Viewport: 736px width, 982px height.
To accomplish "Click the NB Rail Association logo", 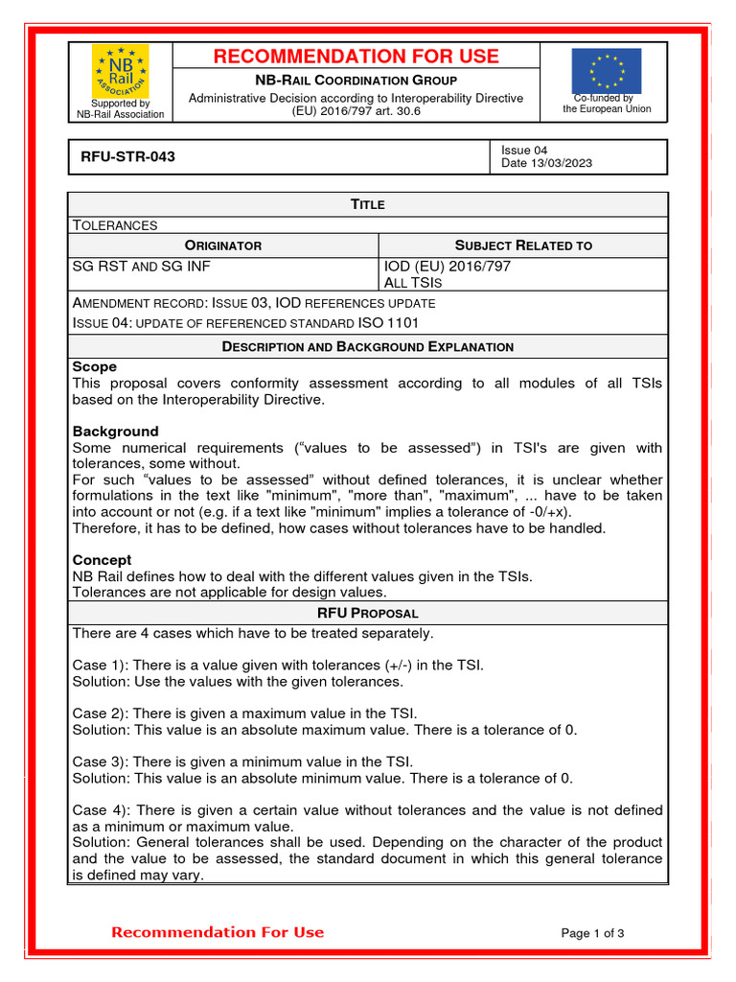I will pos(120,72).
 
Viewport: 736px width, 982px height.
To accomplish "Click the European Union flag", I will pos(606,71).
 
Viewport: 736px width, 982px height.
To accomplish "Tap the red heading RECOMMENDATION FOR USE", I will pos(356,57).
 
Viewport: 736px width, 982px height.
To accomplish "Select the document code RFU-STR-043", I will pos(122,156).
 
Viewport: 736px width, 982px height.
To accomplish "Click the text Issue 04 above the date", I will pos(524,150).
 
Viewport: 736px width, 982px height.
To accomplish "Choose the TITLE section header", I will pos(367,204).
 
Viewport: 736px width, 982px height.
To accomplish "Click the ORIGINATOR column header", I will pos(222,245).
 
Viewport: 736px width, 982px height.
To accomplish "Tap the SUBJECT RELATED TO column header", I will pos(523,245).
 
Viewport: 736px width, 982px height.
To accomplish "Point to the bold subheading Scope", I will pos(95,366).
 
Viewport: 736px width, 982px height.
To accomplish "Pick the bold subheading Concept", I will pos(103,559).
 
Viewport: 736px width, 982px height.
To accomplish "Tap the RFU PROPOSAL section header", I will pos(367,613).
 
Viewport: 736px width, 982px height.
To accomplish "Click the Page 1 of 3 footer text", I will pos(592,933).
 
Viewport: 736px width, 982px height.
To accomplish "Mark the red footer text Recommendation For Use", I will pos(218,932).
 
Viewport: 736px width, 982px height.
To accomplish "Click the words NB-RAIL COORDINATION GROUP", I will pos(356,81).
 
